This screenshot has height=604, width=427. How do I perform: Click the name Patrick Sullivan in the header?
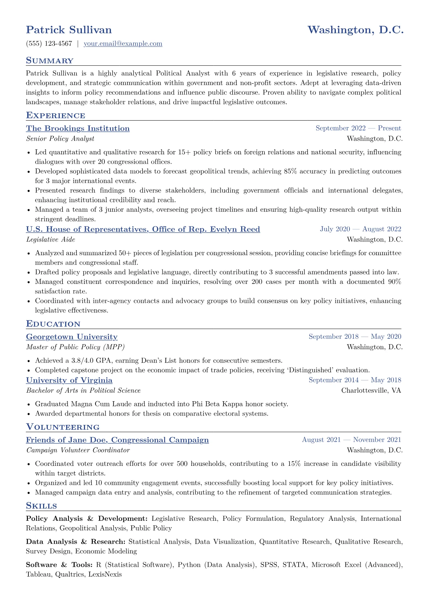tap(69, 30)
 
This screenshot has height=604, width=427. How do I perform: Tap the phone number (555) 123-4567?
tap(49, 44)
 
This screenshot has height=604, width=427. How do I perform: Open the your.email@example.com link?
tap(123, 44)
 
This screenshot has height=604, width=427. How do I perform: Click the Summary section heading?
tap(50, 61)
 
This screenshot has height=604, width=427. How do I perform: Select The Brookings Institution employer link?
tap(78, 128)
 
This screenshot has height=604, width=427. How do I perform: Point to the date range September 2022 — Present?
tap(358, 128)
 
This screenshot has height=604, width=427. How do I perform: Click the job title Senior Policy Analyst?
tap(60, 139)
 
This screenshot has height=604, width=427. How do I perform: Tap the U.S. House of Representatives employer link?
tap(143, 229)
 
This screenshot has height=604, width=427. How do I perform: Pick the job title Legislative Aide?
tap(51, 239)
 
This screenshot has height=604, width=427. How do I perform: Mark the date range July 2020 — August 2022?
tap(360, 229)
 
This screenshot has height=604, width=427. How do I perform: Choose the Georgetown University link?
tap(72, 337)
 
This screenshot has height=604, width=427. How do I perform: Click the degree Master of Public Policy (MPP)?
tap(75, 347)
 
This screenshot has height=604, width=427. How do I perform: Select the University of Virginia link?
tap(69, 380)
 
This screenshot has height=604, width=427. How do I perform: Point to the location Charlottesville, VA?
tap(371, 390)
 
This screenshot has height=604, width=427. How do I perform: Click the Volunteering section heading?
tap(63, 427)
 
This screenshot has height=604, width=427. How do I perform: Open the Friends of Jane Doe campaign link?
tap(117, 440)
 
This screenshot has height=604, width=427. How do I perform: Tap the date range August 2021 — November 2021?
tap(351, 440)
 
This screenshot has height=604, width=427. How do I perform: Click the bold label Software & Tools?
tap(60, 565)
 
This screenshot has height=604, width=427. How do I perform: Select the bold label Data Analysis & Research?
tap(76, 542)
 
